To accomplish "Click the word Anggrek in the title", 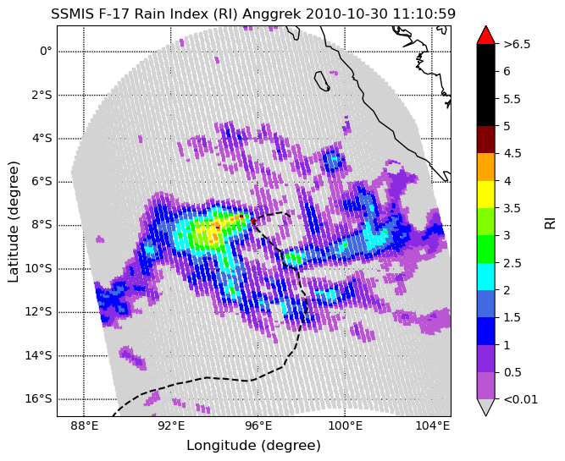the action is (273, 14).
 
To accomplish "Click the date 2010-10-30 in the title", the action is (346, 14).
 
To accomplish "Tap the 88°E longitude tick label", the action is (84, 426).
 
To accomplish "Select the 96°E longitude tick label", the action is (258, 426).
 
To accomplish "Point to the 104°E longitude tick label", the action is (432, 426).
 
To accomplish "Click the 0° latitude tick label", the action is (46, 51).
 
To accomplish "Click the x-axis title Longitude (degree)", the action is (253, 446).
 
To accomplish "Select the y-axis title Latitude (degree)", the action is (14, 222).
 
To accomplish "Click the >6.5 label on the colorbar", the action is (517, 44).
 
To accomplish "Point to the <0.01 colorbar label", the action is (520, 399).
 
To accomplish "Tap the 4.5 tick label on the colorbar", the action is (512, 153).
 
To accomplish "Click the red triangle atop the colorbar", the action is (485, 35).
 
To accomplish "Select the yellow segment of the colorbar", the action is (485, 195).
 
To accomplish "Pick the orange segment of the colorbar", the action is (485, 167).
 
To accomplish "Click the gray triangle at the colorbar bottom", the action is (485, 408).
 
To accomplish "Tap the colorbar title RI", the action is (550, 222).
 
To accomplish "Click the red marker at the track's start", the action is (253, 221).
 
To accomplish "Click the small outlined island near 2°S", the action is (322, 81).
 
